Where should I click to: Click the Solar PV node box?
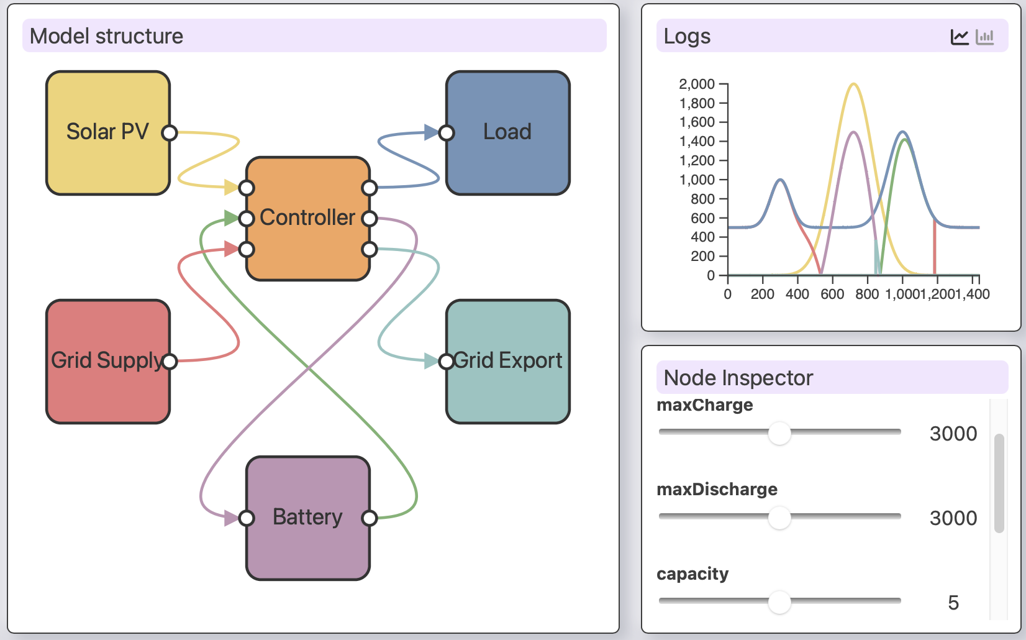(108, 132)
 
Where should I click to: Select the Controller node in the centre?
(307, 218)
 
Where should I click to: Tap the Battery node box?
(307, 518)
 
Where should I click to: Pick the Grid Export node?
(507, 361)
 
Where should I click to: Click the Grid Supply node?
(108, 361)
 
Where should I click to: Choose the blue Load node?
(507, 132)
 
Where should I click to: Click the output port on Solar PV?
(170, 133)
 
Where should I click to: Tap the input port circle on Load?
(446, 133)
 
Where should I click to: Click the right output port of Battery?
(370, 518)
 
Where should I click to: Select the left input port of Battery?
(247, 518)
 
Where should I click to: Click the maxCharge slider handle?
(779, 433)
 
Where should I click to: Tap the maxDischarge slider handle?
(779, 518)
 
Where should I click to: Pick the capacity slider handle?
(779, 602)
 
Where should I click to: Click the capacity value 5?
(953, 603)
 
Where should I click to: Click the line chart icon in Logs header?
(960, 37)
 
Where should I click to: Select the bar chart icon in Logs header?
(985, 37)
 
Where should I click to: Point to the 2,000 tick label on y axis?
(697, 84)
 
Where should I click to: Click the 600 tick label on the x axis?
(832, 295)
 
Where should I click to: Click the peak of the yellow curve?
(854, 84)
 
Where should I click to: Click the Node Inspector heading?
(738, 378)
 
